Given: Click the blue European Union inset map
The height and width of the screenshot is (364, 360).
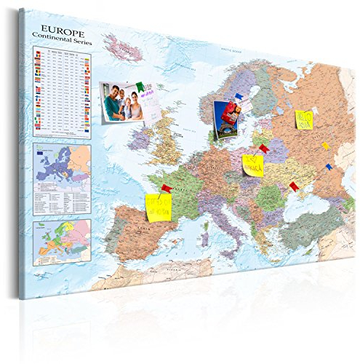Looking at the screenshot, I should [x=62, y=167].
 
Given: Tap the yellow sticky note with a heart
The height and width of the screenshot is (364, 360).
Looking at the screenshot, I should [x=252, y=165].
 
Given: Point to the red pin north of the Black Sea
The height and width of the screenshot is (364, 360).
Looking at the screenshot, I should [x=294, y=187].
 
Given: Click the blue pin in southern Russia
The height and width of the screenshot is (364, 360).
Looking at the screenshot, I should [x=328, y=167].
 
